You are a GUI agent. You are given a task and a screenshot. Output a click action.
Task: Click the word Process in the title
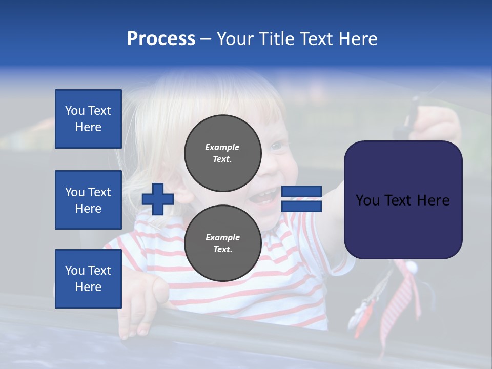(x=161, y=39)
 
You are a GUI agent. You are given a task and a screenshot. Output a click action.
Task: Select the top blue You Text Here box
(x=88, y=119)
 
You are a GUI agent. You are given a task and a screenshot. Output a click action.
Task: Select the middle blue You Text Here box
(x=88, y=200)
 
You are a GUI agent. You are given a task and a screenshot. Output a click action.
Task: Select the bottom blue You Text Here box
(x=88, y=279)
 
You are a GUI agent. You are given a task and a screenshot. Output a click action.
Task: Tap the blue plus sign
(x=158, y=199)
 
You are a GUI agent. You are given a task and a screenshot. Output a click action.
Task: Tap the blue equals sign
(x=301, y=199)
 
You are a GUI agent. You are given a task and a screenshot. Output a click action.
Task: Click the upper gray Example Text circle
(x=222, y=153)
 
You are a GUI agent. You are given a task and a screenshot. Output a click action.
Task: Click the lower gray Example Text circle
(x=222, y=243)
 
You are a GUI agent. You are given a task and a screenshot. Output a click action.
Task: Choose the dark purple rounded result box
(x=403, y=200)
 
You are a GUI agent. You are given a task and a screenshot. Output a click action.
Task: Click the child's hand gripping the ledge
(x=136, y=307)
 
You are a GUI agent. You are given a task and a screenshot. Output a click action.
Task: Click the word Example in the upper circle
(x=222, y=147)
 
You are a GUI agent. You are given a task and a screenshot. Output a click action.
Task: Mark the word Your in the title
(x=235, y=39)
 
